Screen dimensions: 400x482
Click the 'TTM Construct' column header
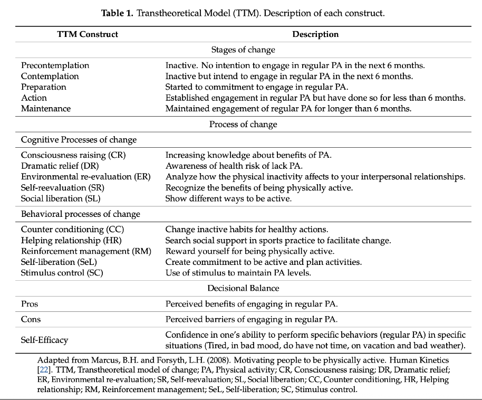click(88, 34)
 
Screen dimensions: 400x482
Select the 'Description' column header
click(315, 34)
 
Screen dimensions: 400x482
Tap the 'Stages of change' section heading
click(243, 50)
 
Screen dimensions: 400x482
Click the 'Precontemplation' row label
click(55, 65)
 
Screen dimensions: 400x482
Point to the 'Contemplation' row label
click(50, 76)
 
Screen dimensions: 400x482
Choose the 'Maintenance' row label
click(46, 108)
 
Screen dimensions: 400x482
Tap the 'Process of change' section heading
click(243, 125)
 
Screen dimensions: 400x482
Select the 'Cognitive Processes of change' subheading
click(79, 140)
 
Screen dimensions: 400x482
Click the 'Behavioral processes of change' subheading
click(81, 214)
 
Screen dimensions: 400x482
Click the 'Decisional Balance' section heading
click(243, 288)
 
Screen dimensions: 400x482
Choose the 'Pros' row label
click(30, 304)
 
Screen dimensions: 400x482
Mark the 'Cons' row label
click(31, 319)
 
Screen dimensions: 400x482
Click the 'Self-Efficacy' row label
click(44, 340)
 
